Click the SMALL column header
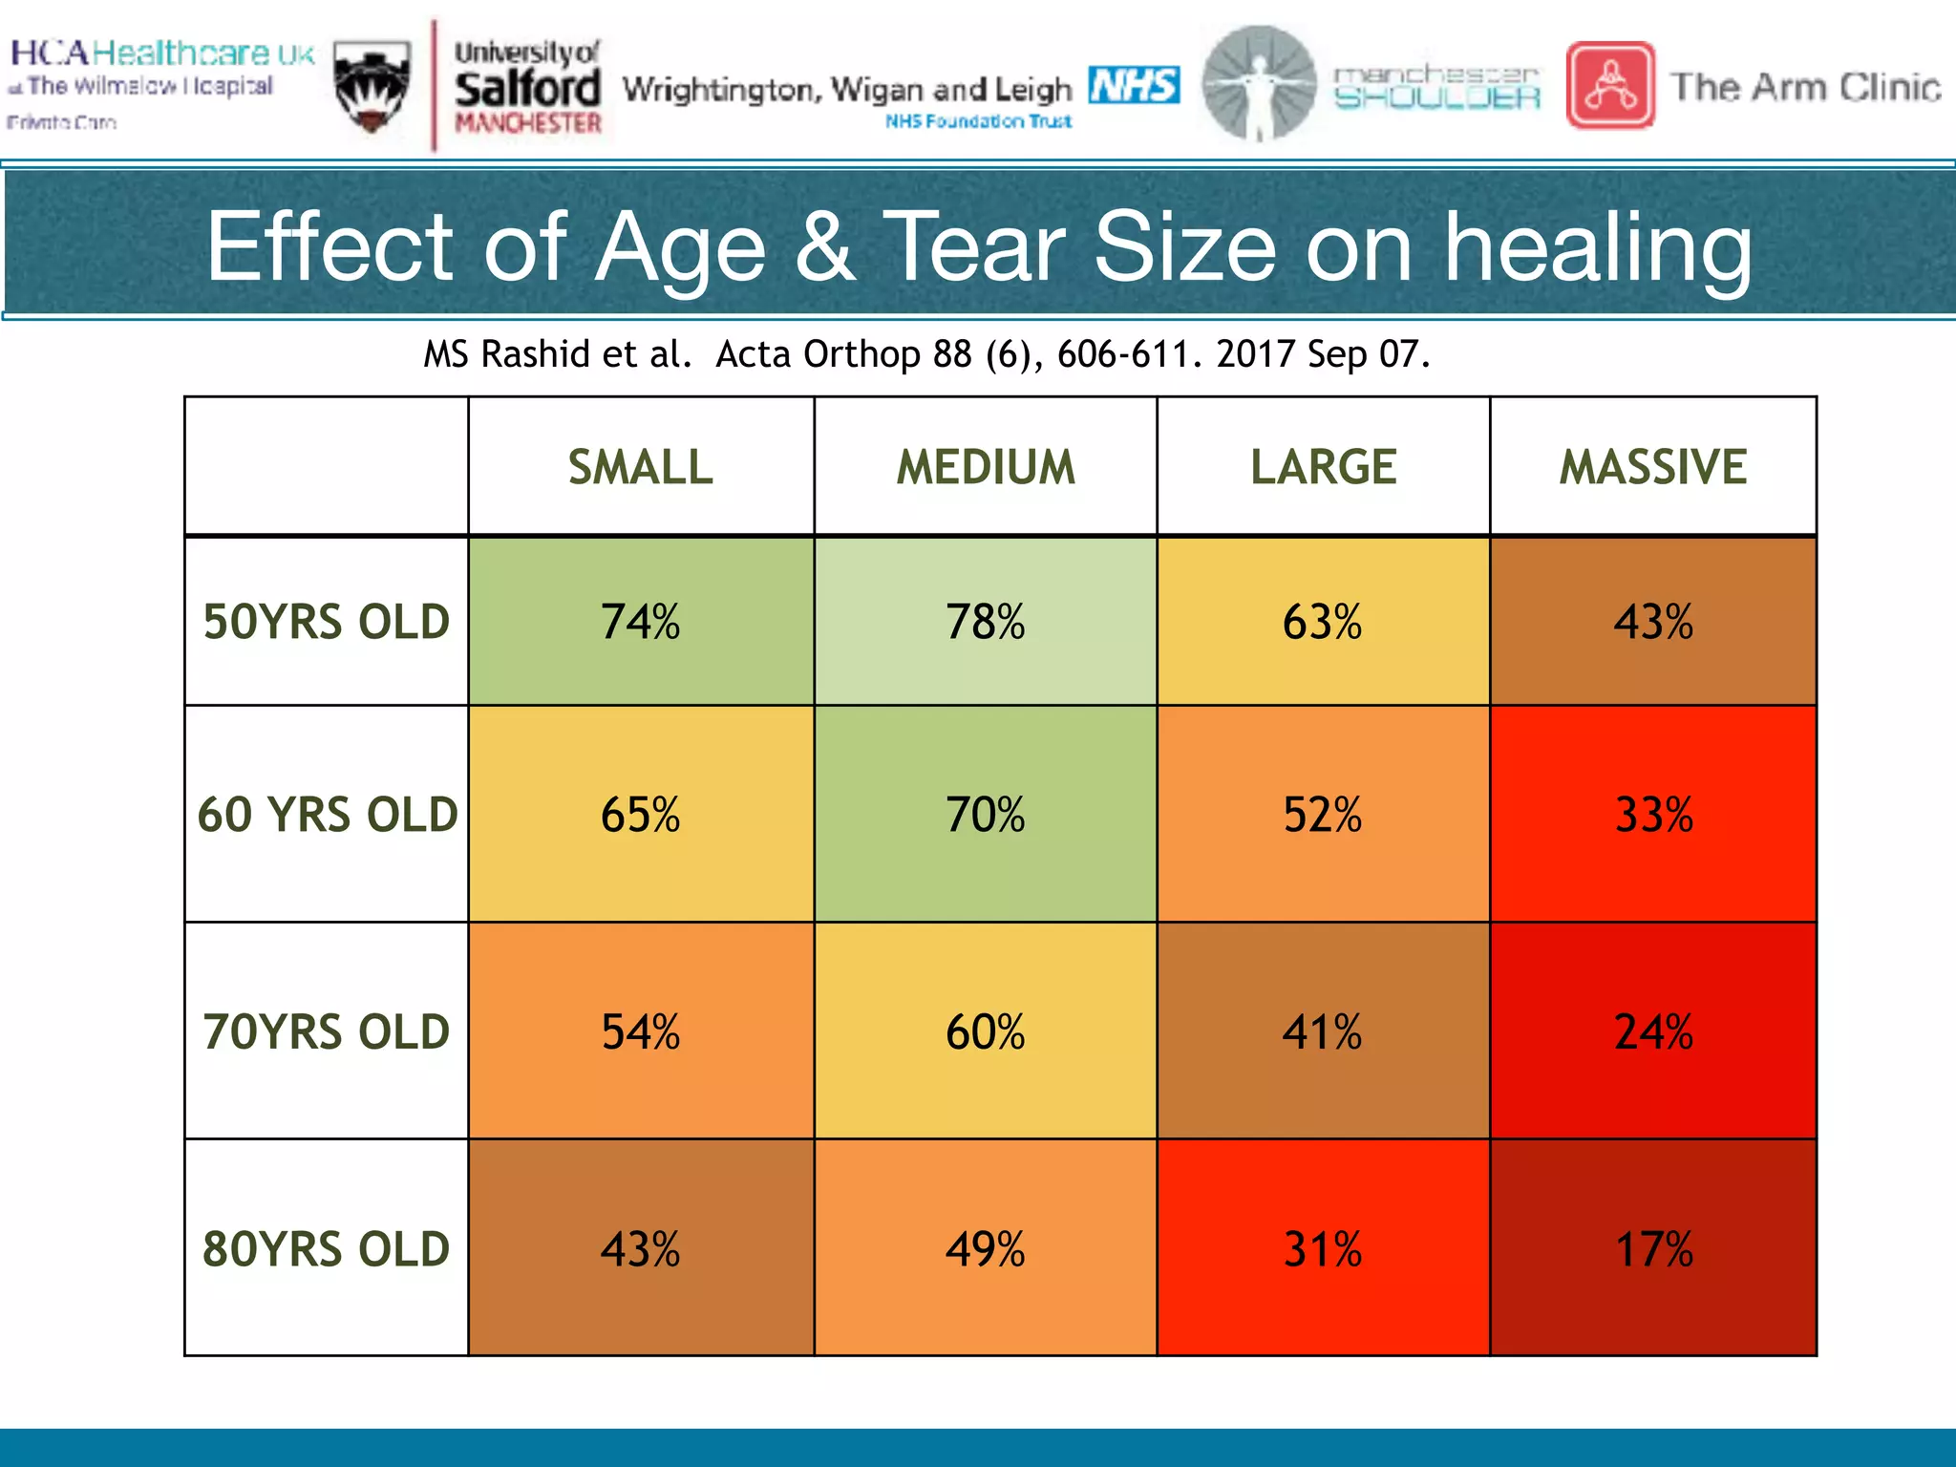pyautogui.click(x=640, y=467)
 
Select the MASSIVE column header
pyautogui.click(x=1652, y=467)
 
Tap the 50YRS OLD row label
pyautogui.click(x=326, y=622)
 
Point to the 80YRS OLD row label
pyautogui.click(x=326, y=1249)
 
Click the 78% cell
pyautogui.click(x=985, y=622)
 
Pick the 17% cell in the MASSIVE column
pyautogui.click(x=1652, y=1249)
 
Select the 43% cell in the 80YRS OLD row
pyautogui.click(x=640, y=1249)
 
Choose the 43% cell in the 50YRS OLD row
pyautogui.click(x=1652, y=622)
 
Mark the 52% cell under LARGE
pyautogui.click(x=1322, y=815)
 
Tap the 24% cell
pyautogui.click(x=1652, y=1032)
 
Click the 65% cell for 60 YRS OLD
pyautogui.click(x=640, y=815)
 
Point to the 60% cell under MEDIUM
pyautogui.click(x=985, y=1032)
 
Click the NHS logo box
pyautogui.click(x=1134, y=85)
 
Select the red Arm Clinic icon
pyautogui.click(x=1610, y=85)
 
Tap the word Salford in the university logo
pyautogui.click(x=527, y=89)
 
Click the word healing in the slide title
pyautogui.click(x=1597, y=248)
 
